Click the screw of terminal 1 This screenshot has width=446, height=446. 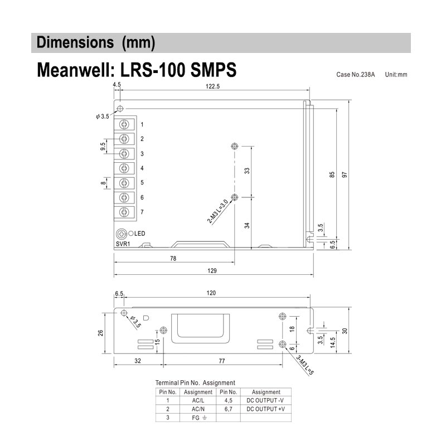[x=124, y=124]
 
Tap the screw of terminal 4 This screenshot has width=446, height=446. [x=124, y=168]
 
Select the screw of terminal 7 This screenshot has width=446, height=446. [x=124, y=212]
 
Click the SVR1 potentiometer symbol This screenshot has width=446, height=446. [x=121, y=234]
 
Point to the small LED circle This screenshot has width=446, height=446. [x=130, y=234]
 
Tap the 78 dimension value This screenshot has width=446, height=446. [x=173, y=258]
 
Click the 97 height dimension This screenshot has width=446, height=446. [x=345, y=174]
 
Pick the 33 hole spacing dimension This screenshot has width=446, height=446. [x=248, y=171]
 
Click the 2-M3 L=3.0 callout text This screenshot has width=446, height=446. [x=217, y=212]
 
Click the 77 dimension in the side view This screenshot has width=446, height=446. [x=222, y=361]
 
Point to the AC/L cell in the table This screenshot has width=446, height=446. [x=198, y=400]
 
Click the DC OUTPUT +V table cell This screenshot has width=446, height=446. [x=265, y=409]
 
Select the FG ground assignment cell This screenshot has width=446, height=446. [x=198, y=417]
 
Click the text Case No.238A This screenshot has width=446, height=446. [x=355, y=74]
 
